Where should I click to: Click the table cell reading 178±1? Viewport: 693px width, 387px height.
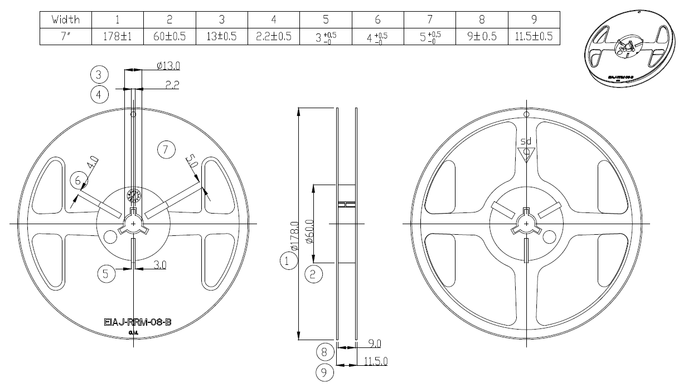pos(118,37)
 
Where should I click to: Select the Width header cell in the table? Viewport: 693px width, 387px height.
pos(66,20)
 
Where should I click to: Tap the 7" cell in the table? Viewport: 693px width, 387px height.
pos(66,37)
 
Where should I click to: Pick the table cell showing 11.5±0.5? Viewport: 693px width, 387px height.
pos(534,37)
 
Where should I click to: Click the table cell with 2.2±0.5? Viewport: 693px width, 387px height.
pos(274,37)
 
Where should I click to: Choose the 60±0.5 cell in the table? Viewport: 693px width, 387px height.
pos(169,37)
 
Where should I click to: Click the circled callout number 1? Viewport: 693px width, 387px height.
pos(288,260)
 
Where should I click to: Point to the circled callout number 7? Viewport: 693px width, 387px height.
pos(166,149)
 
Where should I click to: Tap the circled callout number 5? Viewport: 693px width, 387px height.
pos(106,273)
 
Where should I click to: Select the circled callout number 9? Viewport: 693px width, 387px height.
pos(325,372)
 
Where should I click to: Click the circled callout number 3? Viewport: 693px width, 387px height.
pos(99,74)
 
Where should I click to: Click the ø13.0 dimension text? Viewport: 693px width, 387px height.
pos(168,66)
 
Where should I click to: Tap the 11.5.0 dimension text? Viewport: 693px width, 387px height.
pos(375,361)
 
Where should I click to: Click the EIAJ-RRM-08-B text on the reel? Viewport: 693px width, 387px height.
pos(137,322)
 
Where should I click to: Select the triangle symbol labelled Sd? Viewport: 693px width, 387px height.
pos(526,152)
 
